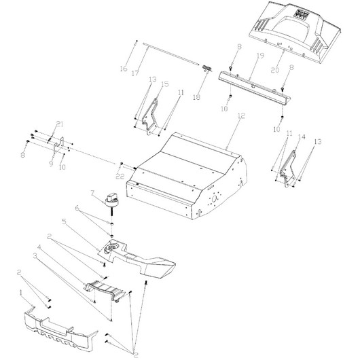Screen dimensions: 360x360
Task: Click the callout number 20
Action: pos(275,70)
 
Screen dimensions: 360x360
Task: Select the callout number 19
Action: pos(260,56)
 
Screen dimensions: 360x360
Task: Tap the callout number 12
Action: pos(241,115)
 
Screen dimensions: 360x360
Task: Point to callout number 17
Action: pos(135,73)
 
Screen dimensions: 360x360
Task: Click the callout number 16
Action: pos(124,69)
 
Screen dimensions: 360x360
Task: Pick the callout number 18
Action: pos(196,97)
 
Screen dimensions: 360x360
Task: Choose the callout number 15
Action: pos(165,84)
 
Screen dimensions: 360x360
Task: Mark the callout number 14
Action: pos(302,137)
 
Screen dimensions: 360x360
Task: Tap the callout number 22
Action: pos(120,177)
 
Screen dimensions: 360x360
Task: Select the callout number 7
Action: pos(93,193)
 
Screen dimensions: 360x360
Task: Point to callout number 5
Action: pos(64,221)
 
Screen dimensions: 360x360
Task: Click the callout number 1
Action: pos(21,293)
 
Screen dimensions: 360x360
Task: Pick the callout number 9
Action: pos(51,164)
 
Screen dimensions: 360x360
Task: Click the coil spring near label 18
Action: pos(207,68)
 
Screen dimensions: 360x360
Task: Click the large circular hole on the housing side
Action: pos(215,198)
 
